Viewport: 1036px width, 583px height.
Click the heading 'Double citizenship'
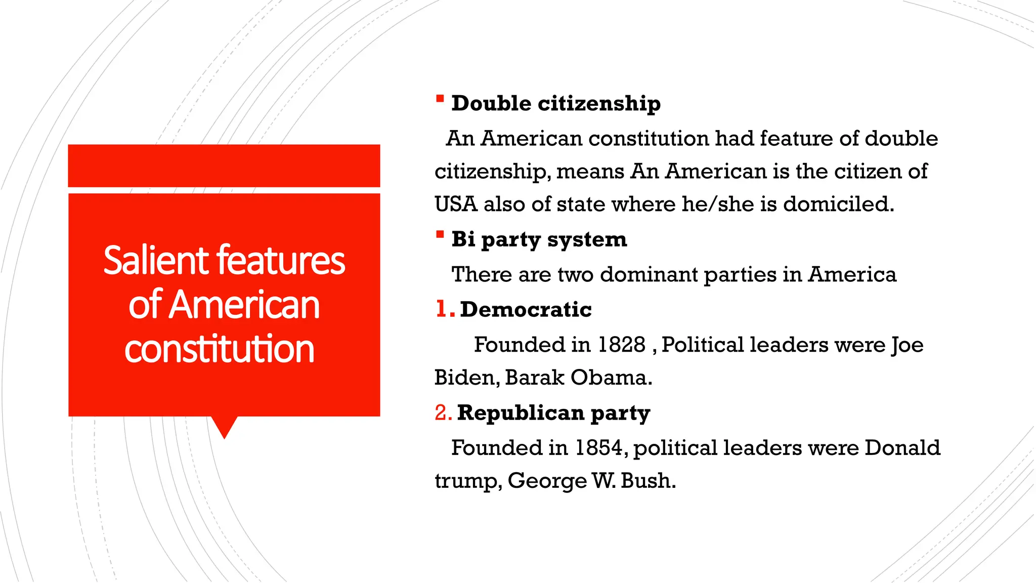(x=555, y=103)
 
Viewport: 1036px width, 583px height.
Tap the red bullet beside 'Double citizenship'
(x=440, y=99)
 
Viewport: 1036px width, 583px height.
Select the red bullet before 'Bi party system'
(x=440, y=234)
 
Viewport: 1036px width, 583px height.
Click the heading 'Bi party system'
(x=539, y=239)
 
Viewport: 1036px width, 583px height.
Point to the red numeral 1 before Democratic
(x=441, y=309)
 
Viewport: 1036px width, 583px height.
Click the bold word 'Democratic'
(x=526, y=309)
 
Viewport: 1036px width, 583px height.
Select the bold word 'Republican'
(x=521, y=412)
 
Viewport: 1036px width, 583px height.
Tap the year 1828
(x=621, y=345)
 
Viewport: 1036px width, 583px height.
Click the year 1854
(x=598, y=448)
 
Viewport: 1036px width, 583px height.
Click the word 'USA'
(x=456, y=204)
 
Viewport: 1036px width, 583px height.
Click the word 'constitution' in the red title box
(x=220, y=349)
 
